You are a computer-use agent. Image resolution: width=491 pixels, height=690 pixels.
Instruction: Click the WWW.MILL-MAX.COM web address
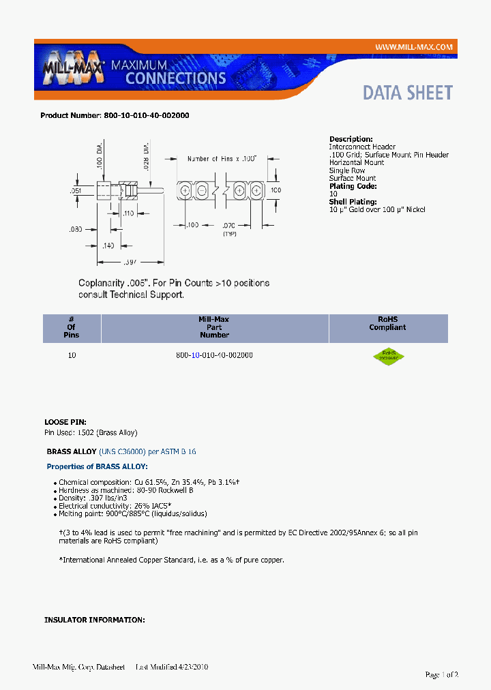tap(413, 46)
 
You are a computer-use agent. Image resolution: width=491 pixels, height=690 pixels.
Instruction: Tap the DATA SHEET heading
tap(407, 93)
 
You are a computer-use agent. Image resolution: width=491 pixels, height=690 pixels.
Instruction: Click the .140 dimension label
tap(107, 245)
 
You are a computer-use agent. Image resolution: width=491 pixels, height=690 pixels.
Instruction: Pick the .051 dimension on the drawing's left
tap(76, 192)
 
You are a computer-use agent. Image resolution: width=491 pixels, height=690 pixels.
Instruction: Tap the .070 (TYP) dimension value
tap(229, 224)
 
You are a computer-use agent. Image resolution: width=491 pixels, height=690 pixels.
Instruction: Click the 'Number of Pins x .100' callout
tap(222, 159)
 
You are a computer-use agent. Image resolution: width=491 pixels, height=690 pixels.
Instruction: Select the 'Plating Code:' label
tap(353, 186)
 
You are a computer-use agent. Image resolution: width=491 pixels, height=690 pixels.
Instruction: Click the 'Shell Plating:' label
tap(353, 202)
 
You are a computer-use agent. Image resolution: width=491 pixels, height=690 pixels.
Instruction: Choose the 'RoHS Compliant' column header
tap(387, 323)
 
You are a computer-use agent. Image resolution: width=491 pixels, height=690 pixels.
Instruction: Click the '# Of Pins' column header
tap(72, 327)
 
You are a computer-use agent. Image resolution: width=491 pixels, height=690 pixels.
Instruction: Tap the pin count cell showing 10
tap(72, 355)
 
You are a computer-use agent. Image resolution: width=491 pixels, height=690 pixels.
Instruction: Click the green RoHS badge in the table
tap(388, 356)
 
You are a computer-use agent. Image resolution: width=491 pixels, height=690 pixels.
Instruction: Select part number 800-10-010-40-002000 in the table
tap(214, 355)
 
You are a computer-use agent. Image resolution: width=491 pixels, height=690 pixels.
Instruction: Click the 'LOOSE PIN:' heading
tap(65, 423)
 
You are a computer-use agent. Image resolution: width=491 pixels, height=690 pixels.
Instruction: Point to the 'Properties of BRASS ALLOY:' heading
tap(97, 466)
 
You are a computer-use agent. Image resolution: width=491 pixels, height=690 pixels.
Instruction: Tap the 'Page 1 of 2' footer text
tap(441, 674)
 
